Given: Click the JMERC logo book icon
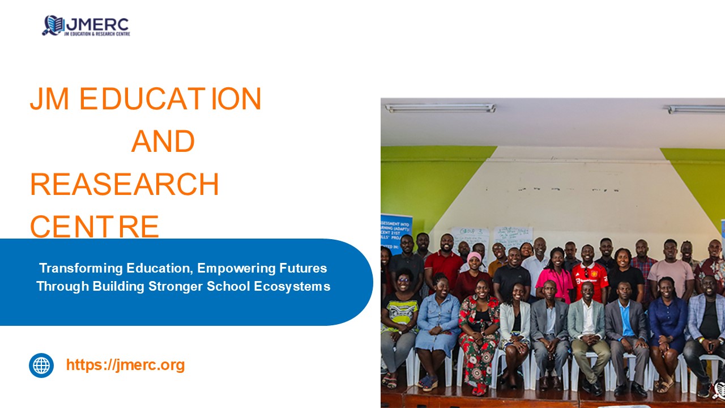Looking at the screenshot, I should [x=53, y=25].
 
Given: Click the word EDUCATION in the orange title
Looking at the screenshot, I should [x=170, y=99].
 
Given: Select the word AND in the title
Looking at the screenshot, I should [x=163, y=141].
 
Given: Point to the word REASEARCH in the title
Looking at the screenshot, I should [x=124, y=184].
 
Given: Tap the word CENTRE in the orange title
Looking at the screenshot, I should [x=95, y=226].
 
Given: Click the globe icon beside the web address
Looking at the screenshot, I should [x=41, y=365].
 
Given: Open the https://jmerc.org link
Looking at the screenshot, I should [x=125, y=365].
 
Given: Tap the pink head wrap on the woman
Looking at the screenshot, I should [x=475, y=258].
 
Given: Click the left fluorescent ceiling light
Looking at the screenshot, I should [x=440, y=108].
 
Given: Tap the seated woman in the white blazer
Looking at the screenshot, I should [x=514, y=323].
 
